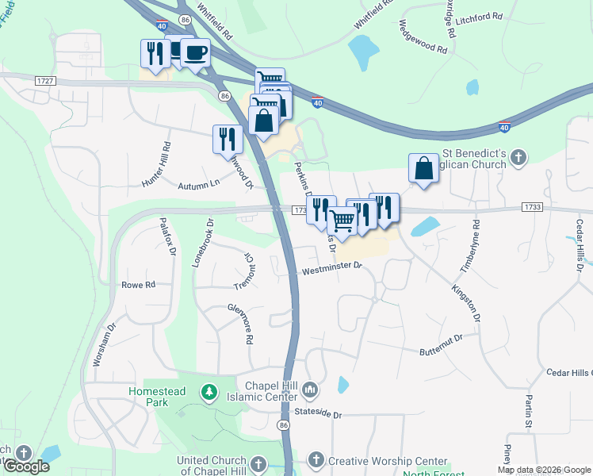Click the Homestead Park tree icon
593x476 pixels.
(x=209, y=391)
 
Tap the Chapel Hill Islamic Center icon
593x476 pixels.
(x=310, y=390)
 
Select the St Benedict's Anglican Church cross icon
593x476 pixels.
(x=518, y=157)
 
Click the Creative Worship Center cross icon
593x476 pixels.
(x=315, y=460)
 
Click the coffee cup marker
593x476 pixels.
(x=195, y=54)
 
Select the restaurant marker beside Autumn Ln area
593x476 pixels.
(x=228, y=140)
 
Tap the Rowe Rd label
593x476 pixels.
(x=138, y=284)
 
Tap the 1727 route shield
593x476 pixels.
(x=44, y=81)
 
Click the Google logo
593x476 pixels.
(x=25, y=466)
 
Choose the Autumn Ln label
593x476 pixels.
(x=198, y=184)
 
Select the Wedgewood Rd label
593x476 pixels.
(x=423, y=37)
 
